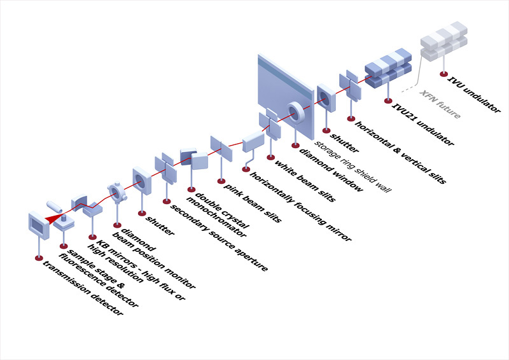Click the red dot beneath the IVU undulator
coord(443,74)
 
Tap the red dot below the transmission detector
coord(39,258)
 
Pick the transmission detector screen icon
coord(38,225)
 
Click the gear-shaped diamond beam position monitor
coord(117,191)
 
